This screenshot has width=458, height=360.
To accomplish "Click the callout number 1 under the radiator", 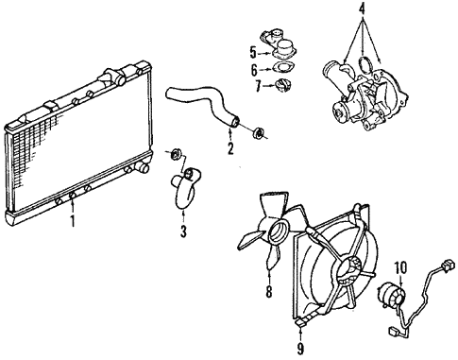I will (72, 224).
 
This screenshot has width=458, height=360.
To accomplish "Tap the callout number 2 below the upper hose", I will (229, 148).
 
